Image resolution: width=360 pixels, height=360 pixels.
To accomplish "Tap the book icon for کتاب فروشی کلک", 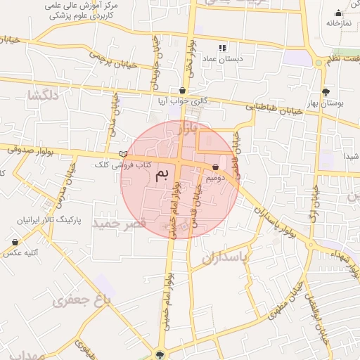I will tap(124, 154).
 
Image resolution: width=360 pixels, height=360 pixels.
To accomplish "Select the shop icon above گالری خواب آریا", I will tap(183, 91).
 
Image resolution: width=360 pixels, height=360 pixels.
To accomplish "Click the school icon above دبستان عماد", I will tap(223, 49).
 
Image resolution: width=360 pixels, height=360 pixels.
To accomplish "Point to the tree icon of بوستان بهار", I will tap(325, 92).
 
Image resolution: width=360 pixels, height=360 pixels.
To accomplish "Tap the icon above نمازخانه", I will tap(338, 13).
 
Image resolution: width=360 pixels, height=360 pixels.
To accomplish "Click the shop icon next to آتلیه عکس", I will tap(15, 242).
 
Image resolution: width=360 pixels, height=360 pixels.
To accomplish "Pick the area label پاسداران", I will tap(225, 258).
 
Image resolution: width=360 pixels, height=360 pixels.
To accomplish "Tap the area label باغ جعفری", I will tap(83, 300).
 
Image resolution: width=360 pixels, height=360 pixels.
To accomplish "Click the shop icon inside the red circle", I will tap(215, 167).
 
